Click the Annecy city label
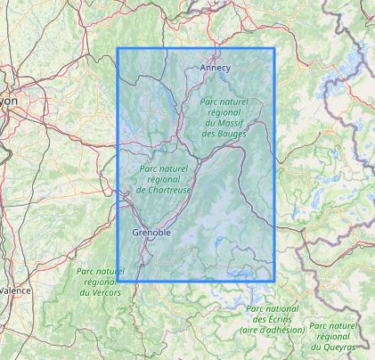point(215,67)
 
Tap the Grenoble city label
point(151,233)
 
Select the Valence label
point(14,290)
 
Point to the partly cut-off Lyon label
point(8,102)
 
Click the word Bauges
point(220,134)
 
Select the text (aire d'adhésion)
point(272,330)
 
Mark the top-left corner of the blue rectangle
point(118,48)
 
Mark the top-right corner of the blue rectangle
point(274,48)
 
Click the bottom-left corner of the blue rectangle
point(118,282)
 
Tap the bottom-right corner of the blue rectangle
point(274,282)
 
